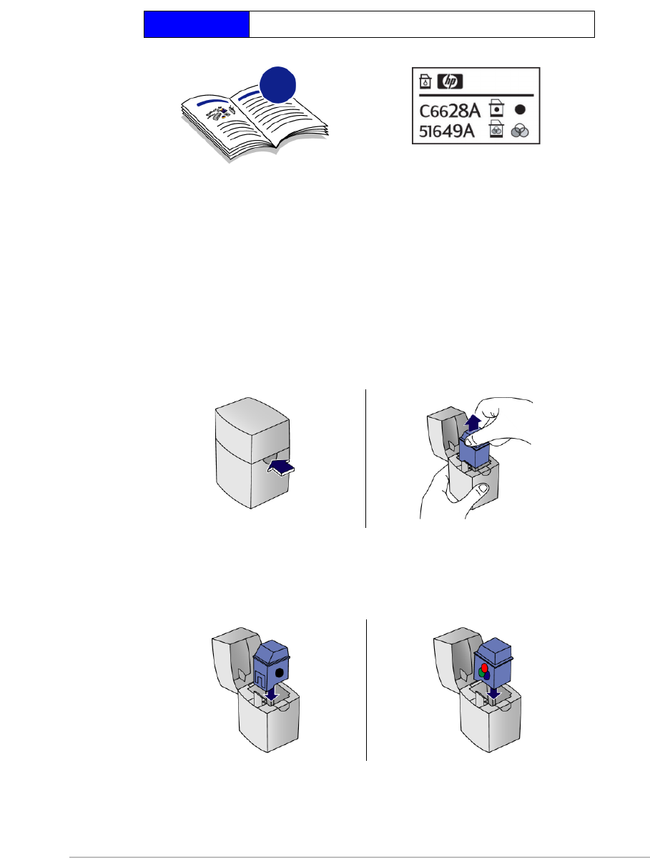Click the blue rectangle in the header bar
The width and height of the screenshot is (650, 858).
(197, 24)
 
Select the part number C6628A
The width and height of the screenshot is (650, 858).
(449, 110)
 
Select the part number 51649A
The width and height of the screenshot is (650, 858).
(449, 131)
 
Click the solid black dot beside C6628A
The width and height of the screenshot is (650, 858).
(521, 110)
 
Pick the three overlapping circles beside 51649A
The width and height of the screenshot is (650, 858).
(521, 131)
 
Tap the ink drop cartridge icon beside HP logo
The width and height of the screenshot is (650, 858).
(424, 81)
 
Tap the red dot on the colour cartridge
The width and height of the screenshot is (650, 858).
(484, 668)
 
